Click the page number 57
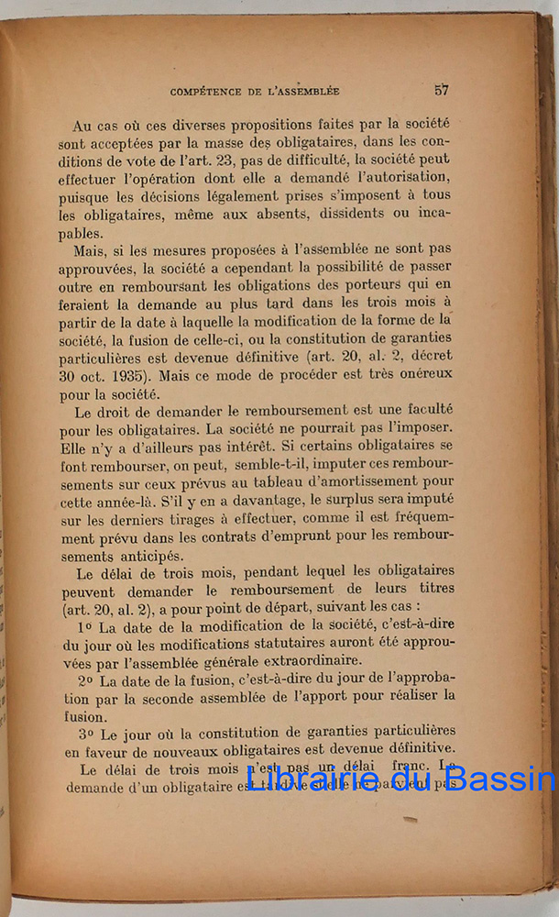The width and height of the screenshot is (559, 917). (442, 90)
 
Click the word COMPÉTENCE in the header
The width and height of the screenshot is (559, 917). (212, 91)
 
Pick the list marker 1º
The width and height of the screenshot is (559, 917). (86, 627)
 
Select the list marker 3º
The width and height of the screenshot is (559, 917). (86, 731)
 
